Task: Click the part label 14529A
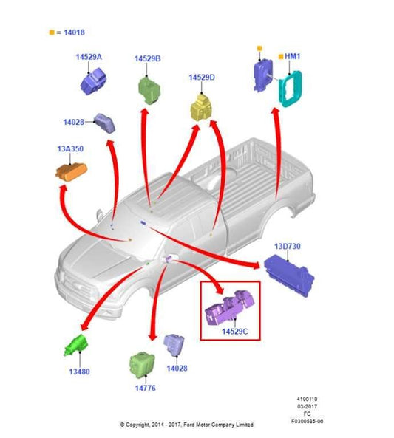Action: point(89,57)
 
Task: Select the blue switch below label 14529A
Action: point(93,81)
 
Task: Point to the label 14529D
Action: point(202,78)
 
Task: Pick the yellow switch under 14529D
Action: point(201,107)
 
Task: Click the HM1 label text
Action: point(292,56)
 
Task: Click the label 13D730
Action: point(287,247)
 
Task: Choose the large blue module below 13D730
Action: point(289,276)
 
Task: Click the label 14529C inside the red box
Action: point(234,332)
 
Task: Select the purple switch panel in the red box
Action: point(229,308)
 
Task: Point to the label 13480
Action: point(79,372)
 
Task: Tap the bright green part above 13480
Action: point(76,346)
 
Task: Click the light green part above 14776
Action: point(142,365)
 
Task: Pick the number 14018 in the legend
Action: point(74,32)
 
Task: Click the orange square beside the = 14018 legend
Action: point(52,32)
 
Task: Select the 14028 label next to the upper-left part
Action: point(73,122)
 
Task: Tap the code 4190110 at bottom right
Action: point(307,400)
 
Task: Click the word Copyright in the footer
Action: point(137,425)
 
